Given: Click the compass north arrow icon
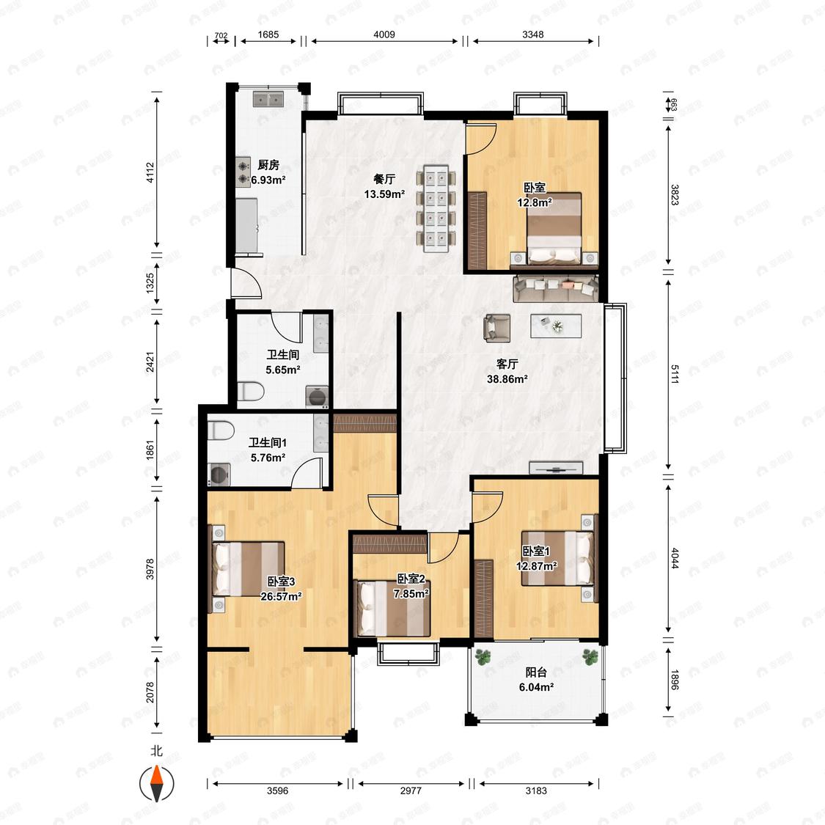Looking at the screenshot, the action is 156,784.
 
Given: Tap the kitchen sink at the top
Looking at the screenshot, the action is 268,98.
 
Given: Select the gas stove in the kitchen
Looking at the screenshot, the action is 243,172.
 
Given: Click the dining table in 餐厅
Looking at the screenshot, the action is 436,209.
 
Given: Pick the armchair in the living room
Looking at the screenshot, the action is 496,327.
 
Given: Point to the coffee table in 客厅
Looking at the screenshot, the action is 556,326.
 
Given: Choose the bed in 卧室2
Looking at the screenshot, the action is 393,608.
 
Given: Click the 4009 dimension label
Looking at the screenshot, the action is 384,34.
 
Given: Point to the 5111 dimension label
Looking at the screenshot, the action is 675,373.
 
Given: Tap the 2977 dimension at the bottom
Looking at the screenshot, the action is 411,791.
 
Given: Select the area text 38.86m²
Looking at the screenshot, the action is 507,379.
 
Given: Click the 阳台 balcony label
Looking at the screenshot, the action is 536,672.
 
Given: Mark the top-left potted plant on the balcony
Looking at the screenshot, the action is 483,656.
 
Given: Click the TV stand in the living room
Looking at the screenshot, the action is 556,468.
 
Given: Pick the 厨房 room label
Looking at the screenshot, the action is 268,165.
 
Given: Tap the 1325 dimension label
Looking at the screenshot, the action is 150,283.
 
